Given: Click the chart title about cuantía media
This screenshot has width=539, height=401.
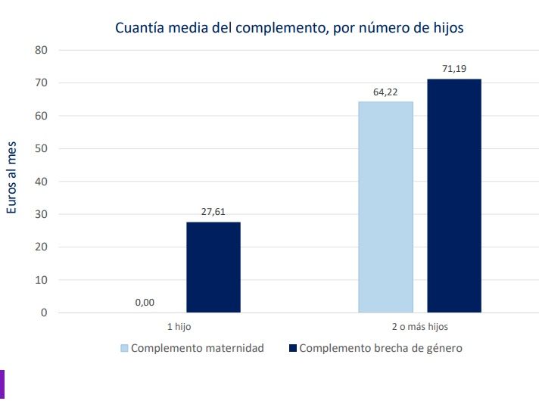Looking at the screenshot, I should (x=288, y=28).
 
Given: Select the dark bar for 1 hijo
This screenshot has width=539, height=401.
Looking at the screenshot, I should (x=213, y=267).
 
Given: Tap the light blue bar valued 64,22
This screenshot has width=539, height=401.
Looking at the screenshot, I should (x=385, y=207).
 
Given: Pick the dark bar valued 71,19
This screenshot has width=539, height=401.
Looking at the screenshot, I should (x=453, y=195).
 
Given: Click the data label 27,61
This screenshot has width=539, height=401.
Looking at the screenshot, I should (x=213, y=213).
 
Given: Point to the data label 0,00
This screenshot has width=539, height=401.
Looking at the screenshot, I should (x=145, y=303).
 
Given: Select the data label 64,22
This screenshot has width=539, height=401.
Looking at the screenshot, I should (x=385, y=93).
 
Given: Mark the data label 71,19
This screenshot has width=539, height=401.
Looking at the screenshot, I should (x=453, y=70).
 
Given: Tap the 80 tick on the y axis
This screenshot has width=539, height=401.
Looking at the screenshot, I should (x=41, y=50).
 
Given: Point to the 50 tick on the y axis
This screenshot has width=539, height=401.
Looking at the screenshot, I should (x=41, y=148).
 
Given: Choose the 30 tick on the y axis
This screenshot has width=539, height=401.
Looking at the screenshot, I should (x=41, y=214).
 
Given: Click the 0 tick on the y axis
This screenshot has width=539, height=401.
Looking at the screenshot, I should (x=44, y=312).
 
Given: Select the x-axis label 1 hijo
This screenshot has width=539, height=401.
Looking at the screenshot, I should (x=179, y=327).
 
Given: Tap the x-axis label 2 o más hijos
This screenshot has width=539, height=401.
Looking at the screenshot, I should (x=419, y=327).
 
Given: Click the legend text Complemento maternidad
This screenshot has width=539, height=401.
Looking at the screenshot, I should (x=197, y=349).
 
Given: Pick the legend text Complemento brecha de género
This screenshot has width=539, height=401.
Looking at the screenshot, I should (x=380, y=349).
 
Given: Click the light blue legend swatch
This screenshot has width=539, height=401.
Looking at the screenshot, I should (x=124, y=349).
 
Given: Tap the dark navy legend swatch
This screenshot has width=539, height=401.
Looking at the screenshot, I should (x=292, y=349).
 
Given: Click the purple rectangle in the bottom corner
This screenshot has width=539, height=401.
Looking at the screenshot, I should (x=2, y=384).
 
